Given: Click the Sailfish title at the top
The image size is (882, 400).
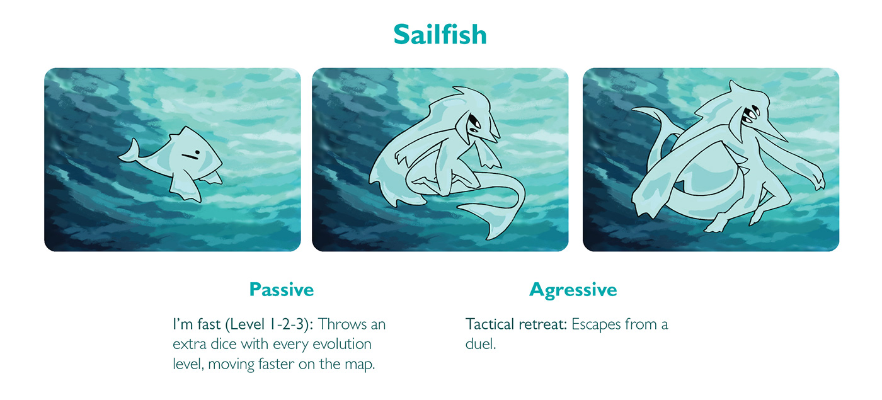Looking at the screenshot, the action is (x=440, y=34).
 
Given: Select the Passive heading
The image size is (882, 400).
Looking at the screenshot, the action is (x=282, y=290).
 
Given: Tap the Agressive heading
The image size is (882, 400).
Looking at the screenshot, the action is (x=573, y=290).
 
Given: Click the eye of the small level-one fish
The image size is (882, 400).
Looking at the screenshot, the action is (x=197, y=152).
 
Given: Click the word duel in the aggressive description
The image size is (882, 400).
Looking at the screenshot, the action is (x=480, y=344).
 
